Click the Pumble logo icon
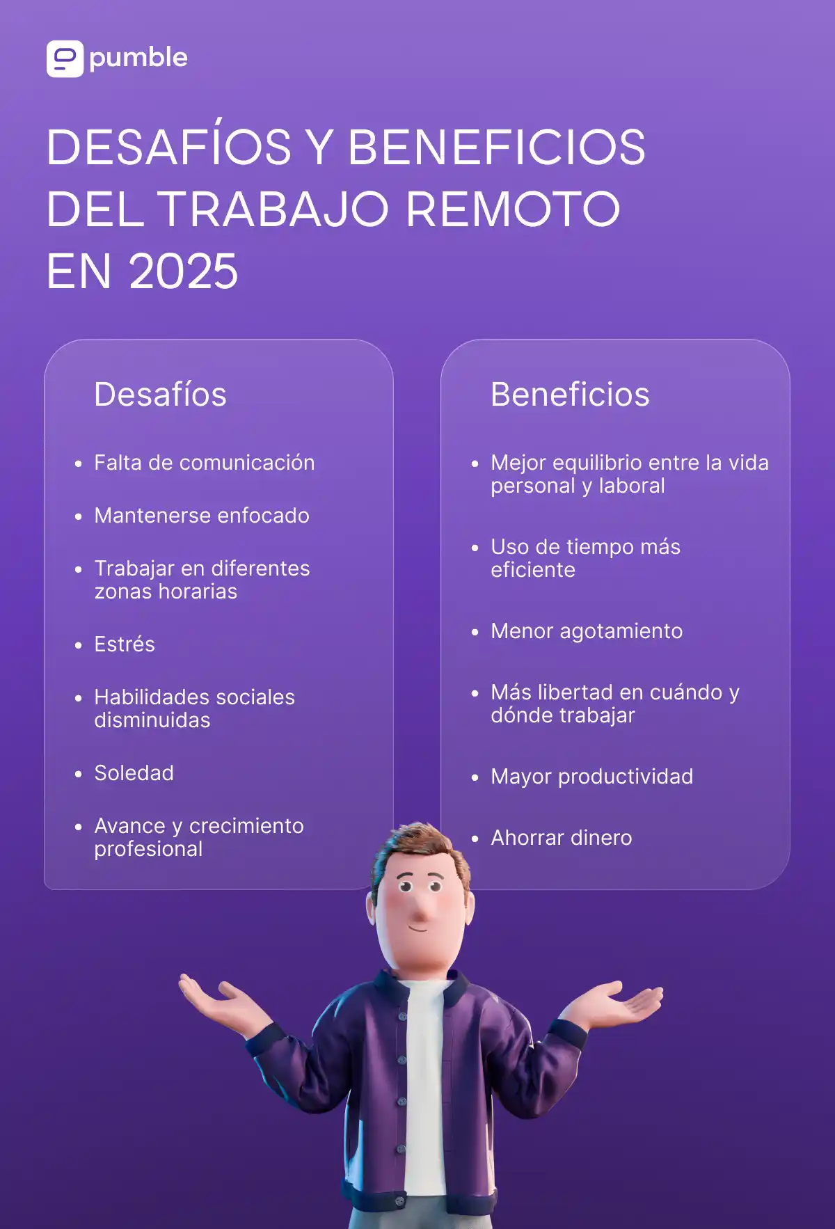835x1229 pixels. coord(65,58)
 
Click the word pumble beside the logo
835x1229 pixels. coord(138,58)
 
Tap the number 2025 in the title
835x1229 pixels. coord(184,271)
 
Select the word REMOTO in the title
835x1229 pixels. coord(513,209)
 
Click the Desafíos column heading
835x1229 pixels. coord(160,395)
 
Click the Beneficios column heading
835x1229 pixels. coord(570,395)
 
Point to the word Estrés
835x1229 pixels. coord(125,644)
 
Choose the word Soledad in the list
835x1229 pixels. coord(134,773)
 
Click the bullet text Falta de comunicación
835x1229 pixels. coord(205,463)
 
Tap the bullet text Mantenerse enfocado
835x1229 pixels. coord(202,516)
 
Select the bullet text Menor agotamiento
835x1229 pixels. coord(587,631)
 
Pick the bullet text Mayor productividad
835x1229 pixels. coord(591,777)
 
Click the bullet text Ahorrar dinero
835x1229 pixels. coord(562,838)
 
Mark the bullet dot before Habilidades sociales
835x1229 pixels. coord(79,698)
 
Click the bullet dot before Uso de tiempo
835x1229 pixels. coord(475,548)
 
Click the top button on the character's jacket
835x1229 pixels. coord(402,1017)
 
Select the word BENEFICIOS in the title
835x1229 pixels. coord(496,148)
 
